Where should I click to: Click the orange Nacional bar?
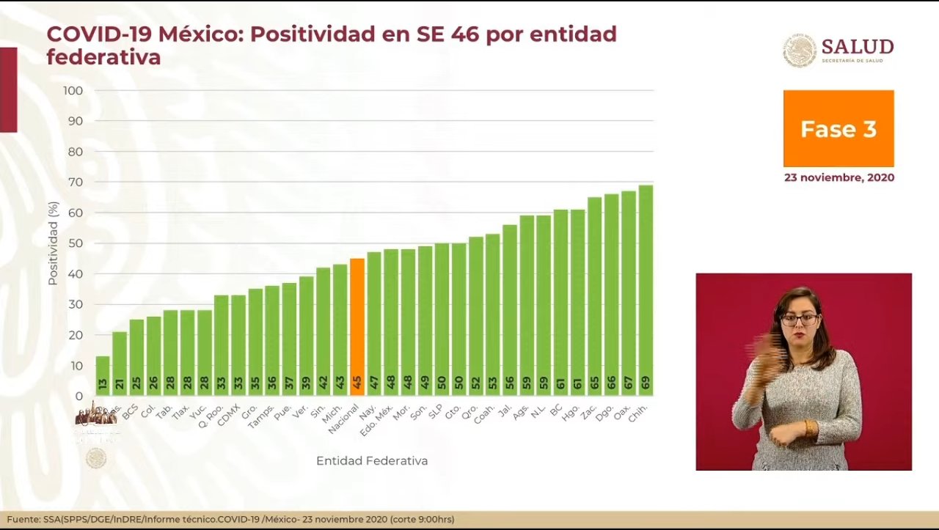point(357,326)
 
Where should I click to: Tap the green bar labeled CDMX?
point(238,345)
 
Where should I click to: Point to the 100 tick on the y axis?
point(73,90)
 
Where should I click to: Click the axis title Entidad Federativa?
point(372,461)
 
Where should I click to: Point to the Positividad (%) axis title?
point(53,244)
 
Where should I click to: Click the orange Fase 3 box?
point(838,129)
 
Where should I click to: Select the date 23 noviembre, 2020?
point(838,177)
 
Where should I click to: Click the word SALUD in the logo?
point(858,47)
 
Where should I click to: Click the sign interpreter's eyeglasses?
point(799,320)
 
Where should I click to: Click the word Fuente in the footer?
point(21,519)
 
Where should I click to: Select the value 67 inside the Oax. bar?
point(629,383)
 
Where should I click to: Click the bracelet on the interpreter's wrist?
point(810,427)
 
